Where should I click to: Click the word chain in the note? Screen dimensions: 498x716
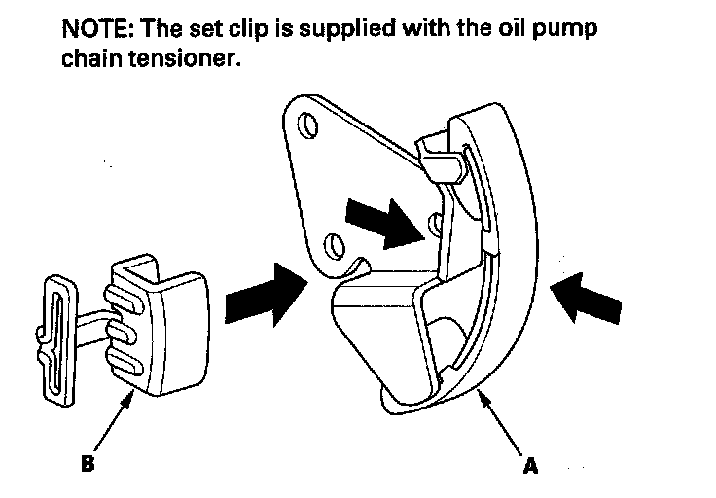coord(88,58)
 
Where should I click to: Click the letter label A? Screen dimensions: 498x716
coord(529,466)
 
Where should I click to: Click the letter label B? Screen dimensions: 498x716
coord(89,464)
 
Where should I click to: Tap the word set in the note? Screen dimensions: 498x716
coord(213,27)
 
